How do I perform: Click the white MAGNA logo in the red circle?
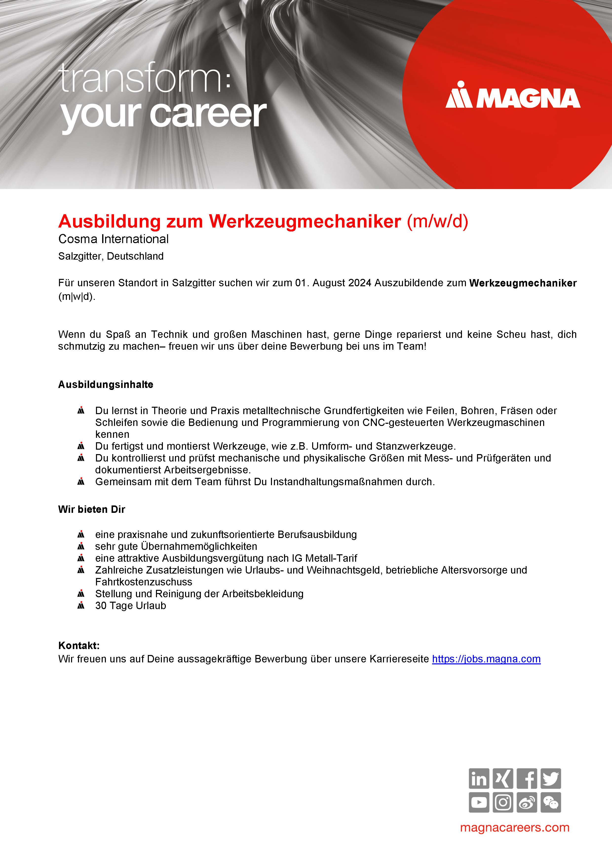[513, 96]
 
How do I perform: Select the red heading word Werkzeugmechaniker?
[305, 221]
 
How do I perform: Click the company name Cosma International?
[114, 239]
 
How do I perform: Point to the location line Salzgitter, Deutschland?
[111, 256]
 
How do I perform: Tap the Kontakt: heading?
[79, 645]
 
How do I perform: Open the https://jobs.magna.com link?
[486, 659]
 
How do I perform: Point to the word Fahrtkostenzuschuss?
[144, 582]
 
